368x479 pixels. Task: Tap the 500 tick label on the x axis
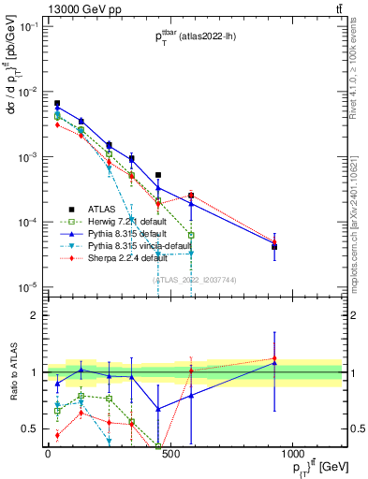click(x=170, y=454)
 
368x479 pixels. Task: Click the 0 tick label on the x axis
click(x=48, y=454)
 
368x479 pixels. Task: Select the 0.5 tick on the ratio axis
click(x=28, y=428)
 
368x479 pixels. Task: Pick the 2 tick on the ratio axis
click(x=32, y=315)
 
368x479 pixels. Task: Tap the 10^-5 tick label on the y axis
click(x=26, y=286)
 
